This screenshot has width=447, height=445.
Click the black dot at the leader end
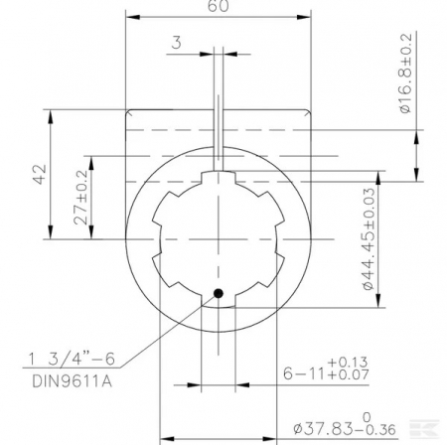tap(218, 293)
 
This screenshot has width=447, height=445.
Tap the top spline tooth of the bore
tap(218, 181)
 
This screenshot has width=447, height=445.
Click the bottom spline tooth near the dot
tap(218, 299)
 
